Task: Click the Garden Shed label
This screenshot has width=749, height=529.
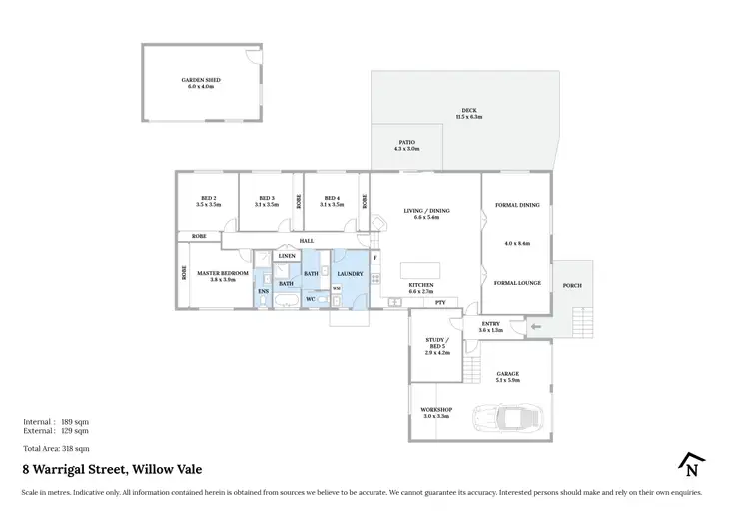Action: tap(201, 83)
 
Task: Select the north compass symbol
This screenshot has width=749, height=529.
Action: tap(690, 465)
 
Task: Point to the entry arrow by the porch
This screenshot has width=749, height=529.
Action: tap(534, 326)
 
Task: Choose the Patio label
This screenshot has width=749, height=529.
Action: tap(406, 146)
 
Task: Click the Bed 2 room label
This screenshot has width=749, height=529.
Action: tap(208, 201)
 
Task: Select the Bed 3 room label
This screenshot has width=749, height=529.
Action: tap(265, 201)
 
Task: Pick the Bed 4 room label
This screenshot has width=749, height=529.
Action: tap(332, 201)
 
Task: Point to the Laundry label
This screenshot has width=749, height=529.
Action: tap(350, 273)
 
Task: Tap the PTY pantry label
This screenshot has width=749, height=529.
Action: tap(438, 302)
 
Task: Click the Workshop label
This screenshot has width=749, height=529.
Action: tap(436, 412)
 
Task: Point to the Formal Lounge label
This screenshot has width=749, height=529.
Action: tap(517, 283)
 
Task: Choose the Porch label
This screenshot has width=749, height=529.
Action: tap(572, 285)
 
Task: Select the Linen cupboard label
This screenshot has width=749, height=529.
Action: tap(286, 257)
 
